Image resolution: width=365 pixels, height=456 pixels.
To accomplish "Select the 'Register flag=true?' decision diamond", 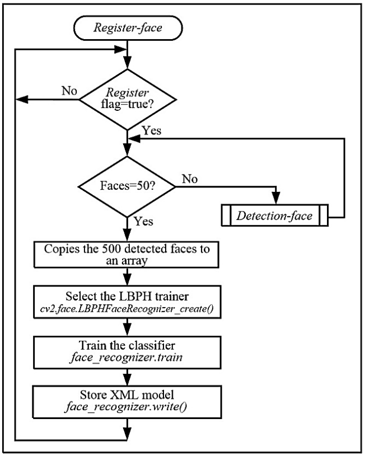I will pos(129,100).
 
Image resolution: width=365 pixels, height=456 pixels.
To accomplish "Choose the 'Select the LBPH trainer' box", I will pos(129,301).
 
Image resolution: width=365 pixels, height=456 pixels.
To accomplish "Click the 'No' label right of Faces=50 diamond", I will pos(190,180).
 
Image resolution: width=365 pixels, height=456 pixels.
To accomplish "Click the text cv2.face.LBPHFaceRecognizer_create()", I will pos(129,307).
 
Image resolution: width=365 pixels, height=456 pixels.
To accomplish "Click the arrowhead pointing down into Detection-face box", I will pos(275,200).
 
